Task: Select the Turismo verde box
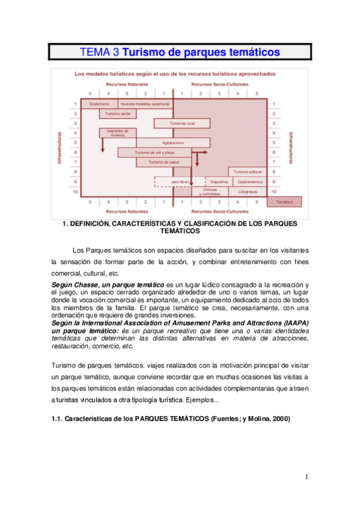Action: click(x=118, y=113)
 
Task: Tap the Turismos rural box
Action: click(x=182, y=123)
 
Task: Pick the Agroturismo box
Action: click(x=172, y=143)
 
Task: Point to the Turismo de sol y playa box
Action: click(x=154, y=152)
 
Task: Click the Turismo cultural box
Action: click(x=247, y=171)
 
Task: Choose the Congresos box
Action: click(x=247, y=192)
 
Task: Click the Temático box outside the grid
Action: click(x=284, y=202)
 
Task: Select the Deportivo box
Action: click(x=219, y=181)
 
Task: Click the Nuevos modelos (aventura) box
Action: click(x=145, y=104)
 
